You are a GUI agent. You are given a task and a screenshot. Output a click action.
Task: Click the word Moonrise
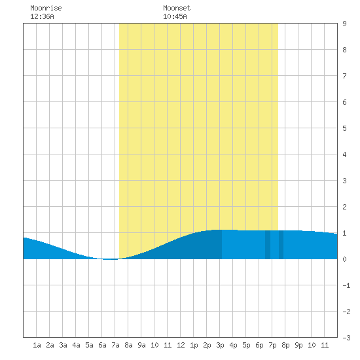coord(46,8)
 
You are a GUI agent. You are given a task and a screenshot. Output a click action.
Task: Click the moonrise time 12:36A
coord(42,16)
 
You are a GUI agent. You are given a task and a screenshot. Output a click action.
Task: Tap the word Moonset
coord(177,8)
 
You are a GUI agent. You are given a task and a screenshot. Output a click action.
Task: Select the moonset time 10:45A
coord(175,16)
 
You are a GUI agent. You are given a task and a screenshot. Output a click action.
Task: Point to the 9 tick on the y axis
coord(344,24)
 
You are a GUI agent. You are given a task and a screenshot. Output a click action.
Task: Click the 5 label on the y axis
coord(344,128)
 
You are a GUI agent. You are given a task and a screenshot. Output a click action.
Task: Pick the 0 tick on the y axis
coord(344,259)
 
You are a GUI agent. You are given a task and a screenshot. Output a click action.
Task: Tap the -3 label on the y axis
coord(346,338)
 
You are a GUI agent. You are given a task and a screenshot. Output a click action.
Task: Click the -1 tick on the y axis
coord(346,285)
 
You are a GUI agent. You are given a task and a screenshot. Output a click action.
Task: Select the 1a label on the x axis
coord(37,345)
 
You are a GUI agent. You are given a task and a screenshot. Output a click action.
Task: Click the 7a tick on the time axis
coord(115,345)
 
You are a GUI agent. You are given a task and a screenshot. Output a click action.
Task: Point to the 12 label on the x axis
coord(181,345)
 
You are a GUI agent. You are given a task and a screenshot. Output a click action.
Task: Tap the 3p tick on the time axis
coord(220,345)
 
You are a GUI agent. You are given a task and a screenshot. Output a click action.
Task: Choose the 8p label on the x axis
coord(285,345)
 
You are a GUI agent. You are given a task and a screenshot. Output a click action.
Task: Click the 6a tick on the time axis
coord(102,345)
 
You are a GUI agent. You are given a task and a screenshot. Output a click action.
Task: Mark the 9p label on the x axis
coord(298,345)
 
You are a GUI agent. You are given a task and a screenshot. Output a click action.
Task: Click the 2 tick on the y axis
coord(344,207)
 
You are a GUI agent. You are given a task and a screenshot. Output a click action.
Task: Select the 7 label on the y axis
coord(344,76)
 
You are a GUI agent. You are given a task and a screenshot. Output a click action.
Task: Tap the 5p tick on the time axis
coord(246,345)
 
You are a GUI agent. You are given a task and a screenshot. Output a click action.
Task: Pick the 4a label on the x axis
coord(76,345)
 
